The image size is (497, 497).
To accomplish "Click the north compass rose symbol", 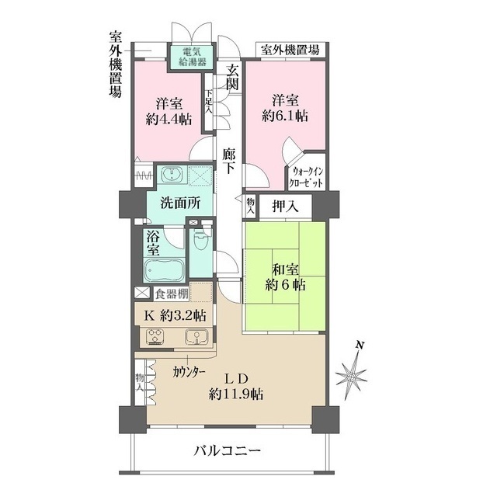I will pyautogui.click(x=354, y=376).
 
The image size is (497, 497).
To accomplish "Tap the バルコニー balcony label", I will pyautogui.click(x=227, y=451).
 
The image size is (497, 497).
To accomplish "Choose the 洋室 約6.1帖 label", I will pyautogui.click(x=284, y=109).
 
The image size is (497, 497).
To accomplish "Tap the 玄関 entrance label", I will pyautogui.click(x=231, y=78).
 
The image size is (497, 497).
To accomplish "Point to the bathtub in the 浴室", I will pyautogui.click(x=164, y=270).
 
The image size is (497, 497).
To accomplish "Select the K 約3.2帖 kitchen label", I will pyautogui.click(x=176, y=315).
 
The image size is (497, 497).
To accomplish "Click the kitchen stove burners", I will pyautogui.click(x=155, y=337).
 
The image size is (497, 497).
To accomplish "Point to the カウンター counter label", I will pyautogui.click(x=189, y=372).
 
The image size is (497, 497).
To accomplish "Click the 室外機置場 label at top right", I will pyautogui.click(x=291, y=50).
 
